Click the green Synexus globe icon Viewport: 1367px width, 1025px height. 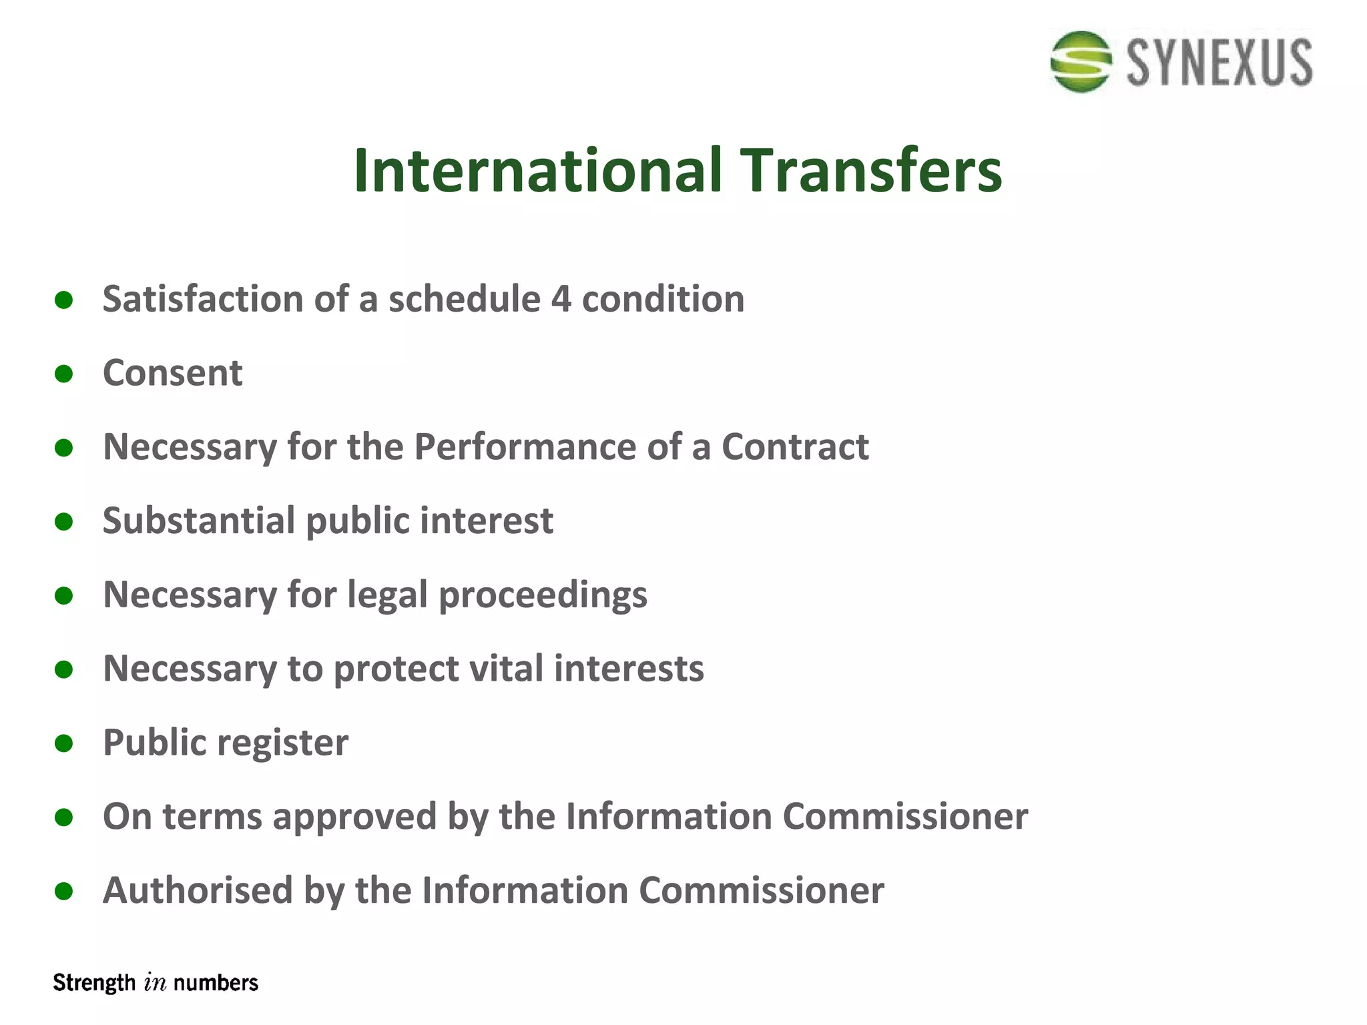pos(1081,61)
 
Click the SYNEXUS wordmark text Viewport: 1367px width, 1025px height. pos(1219,63)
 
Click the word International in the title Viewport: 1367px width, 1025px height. pos(538,171)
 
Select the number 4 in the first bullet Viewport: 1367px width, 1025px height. pos(561,299)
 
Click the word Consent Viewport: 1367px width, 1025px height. pos(172,372)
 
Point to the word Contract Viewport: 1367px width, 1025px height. pos(795,446)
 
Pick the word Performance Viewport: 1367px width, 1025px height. pos(525,446)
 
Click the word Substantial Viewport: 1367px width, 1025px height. pos(199,521)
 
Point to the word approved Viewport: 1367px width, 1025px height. pos(354,817)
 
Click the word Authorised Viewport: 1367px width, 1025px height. pos(198,891)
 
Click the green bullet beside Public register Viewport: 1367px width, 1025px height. pos(64,743)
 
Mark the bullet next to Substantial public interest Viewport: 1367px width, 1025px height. pos(64,521)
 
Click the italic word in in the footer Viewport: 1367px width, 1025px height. pos(155,983)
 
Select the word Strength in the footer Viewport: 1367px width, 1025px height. pos(94,983)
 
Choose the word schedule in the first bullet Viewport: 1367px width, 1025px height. pos(465,299)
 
